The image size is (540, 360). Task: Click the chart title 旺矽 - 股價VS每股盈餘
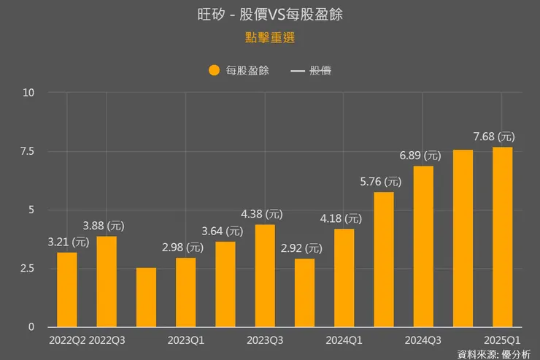[x=269, y=14]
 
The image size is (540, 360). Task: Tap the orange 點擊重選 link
[x=269, y=37]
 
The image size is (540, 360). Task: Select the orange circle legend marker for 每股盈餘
[x=214, y=71]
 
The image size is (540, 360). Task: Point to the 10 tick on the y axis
[x=28, y=93]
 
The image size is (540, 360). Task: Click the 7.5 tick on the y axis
[x=27, y=151]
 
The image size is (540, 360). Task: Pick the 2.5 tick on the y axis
[x=27, y=269]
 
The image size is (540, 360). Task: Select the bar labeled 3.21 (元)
[x=67, y=289]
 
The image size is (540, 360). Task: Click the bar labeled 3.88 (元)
[x=107, y=281]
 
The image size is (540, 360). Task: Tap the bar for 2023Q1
[x=185, y=292]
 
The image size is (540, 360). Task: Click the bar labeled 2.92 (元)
[x=304, y=293]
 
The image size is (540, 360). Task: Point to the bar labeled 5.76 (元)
[x=384, y=259]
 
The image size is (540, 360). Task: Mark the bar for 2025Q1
[x=502, y=237]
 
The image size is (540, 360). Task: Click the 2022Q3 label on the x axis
[x=108, y=340]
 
